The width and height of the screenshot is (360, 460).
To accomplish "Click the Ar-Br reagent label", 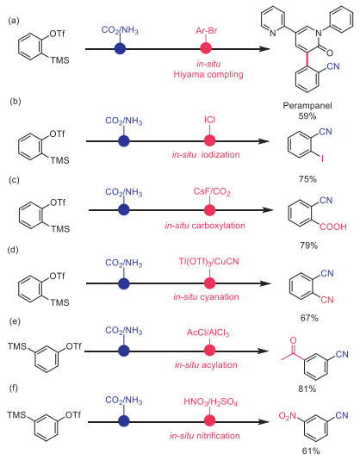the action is point(207,30).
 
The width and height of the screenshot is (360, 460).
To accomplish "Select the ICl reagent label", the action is point(209,120).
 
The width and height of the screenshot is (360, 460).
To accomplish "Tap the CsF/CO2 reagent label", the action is point(212,192).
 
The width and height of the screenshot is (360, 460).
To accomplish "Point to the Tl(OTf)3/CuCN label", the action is point(209,261).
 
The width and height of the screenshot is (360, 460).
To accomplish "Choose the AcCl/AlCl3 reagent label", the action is point(208,333).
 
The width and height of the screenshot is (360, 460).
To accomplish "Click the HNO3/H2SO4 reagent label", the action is point(211,401).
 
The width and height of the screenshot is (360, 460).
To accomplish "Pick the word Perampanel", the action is point(307,106).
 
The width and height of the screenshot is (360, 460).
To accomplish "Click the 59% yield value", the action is point(307,116).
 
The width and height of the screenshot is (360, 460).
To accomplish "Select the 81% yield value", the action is point(307,389).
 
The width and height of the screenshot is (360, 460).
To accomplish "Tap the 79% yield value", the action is point(308,246).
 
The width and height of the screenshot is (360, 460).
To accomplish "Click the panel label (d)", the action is point(14,250).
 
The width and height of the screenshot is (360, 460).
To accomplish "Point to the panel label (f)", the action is point(14,389).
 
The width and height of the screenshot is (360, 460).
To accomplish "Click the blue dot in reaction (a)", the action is point(120,49).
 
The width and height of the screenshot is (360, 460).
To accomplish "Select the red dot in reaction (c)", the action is point(209,210).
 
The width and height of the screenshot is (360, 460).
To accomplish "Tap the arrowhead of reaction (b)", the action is point(264,141).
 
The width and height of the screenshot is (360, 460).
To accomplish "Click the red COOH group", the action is point(333,227).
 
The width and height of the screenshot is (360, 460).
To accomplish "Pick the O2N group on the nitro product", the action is point(288,416).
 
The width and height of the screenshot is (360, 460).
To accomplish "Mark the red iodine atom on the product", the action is point(322,159).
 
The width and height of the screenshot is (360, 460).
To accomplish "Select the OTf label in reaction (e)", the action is point(73,346).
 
